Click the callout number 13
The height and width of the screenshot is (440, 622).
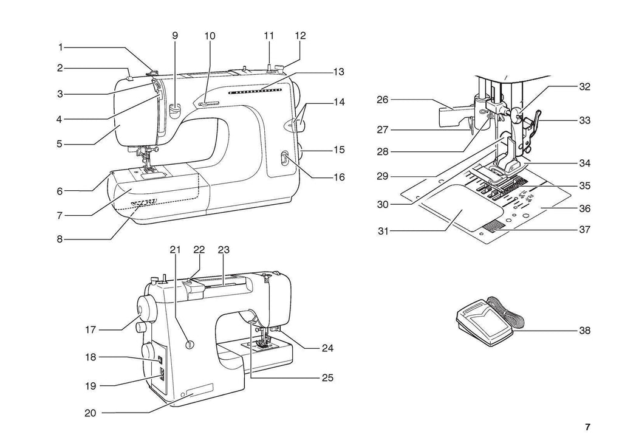coord(338,72)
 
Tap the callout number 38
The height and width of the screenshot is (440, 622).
coord(584,331)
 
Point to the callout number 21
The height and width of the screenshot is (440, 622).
coord(176,250)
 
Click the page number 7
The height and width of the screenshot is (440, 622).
coord(587,426)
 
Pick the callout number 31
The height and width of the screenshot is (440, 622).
coord(383,231)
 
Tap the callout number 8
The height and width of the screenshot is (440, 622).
coord(60,239)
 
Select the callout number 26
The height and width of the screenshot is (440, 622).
coord(382,99)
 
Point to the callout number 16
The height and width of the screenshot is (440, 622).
coord(339,177)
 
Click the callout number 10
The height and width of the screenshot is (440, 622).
coord(210,36)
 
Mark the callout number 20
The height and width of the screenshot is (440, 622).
coord(91,413)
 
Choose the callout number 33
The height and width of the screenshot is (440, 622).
coord(584,120)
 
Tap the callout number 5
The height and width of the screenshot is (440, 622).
coord(60,145)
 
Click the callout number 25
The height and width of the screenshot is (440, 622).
coord(327,377)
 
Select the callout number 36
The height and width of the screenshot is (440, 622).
coord(584,208)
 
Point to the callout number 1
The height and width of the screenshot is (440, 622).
coord(60,47)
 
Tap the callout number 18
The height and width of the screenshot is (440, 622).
coord(91,357)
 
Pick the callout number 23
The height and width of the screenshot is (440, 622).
coord(224,250)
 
